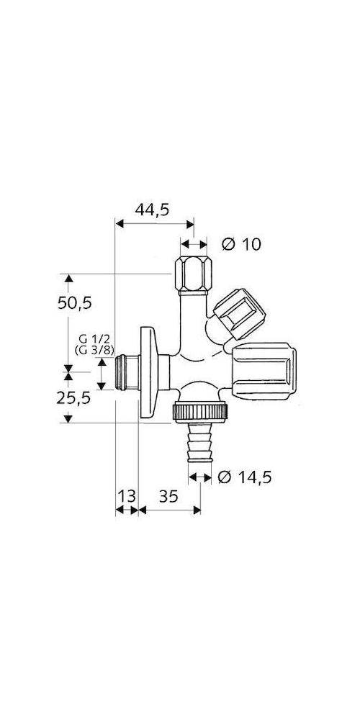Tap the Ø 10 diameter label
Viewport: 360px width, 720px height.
(x=240, y=245)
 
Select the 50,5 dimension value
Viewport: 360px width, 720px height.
(x=76, y=303)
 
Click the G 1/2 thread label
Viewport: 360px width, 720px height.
(x=94, y=339)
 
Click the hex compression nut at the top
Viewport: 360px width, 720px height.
(x=192, y=271)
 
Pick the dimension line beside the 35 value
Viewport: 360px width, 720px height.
(x=168, y=510)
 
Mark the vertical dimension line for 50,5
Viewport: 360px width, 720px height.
(x=69, y=320)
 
